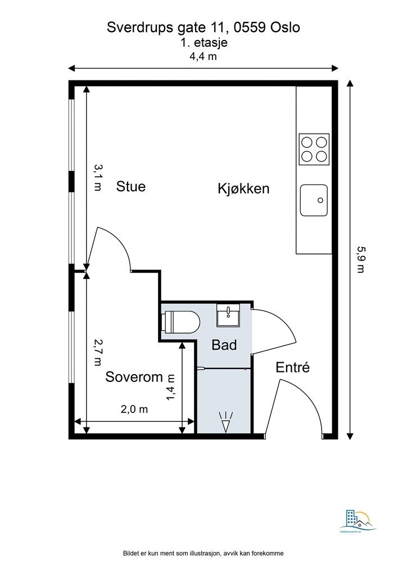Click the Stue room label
(130, 186)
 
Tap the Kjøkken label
(243, 188)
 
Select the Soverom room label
(134, 377)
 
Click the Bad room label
(224, 345)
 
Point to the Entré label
(292, 368)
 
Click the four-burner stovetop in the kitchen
(314, 149)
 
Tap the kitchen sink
(314, 200)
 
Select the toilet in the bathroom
(180, 322)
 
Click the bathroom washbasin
(229, 315)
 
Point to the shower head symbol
(226, 422)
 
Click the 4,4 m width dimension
(203, 56)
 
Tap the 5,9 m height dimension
(360, 259)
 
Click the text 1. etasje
(203, 42)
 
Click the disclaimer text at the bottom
(203, 553)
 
